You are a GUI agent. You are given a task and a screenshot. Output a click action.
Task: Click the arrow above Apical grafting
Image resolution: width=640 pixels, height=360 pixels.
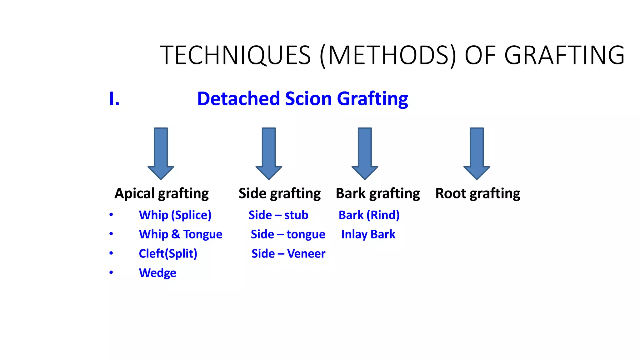[x=161, y=153]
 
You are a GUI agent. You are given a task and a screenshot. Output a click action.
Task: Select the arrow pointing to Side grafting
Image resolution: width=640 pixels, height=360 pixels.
[x=269, y=153]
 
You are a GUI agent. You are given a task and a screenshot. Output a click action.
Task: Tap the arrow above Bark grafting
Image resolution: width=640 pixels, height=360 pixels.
[x=365, y=153]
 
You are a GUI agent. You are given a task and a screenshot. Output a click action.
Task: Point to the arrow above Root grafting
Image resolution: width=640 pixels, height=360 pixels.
[x=477, y=153]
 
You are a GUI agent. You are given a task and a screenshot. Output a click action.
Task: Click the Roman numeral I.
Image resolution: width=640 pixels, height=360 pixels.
[x=114, y=99]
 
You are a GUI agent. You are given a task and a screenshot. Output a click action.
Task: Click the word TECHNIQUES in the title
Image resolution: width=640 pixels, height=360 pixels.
[x=235, y=55]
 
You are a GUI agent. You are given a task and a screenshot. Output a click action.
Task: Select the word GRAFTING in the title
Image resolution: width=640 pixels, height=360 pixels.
[x=564, y=55]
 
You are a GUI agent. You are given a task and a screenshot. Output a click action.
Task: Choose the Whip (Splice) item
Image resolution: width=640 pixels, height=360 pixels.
[x=175, y=215]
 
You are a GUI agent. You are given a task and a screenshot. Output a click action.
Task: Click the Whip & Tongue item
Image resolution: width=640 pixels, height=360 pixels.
[x=181, y=234]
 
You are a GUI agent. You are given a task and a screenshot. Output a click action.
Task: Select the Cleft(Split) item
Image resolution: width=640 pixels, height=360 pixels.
[x=168, y=253]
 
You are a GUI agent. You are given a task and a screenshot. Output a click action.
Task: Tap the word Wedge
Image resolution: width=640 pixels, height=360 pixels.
[x=157, y=273]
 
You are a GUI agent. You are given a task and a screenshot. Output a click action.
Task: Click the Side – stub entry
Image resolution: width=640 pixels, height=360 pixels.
[x=278, y=215]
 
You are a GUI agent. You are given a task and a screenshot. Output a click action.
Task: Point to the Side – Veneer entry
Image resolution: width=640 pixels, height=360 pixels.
[x=288, y=253]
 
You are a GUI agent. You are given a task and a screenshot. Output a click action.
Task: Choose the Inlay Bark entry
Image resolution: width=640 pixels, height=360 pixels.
[x=368, y=234]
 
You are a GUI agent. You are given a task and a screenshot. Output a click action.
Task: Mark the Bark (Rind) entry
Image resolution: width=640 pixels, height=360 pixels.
[x=369, y=215]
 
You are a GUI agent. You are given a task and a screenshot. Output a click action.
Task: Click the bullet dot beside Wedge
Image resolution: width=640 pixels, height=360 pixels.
[x=111, y=272]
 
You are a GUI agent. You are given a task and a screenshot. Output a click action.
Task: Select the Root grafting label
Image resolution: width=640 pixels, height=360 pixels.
[x=477, y=193]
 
